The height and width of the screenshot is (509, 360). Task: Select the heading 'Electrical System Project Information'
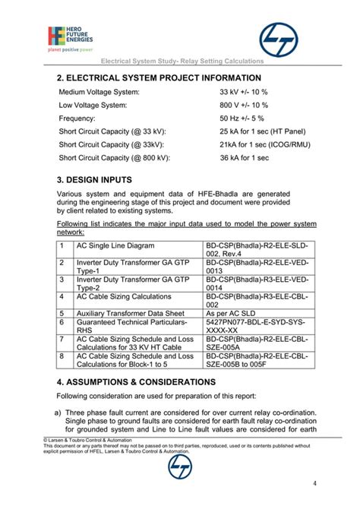click(159, 77)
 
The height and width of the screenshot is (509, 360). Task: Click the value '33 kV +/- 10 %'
click(244, 92)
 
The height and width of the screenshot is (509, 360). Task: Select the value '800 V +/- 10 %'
click(245, 106)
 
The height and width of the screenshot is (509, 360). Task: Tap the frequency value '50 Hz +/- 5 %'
click(242, 119)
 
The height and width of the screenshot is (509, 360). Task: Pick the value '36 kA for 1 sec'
click(245, 158)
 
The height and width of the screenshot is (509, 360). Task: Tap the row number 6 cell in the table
click(61, 321)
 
